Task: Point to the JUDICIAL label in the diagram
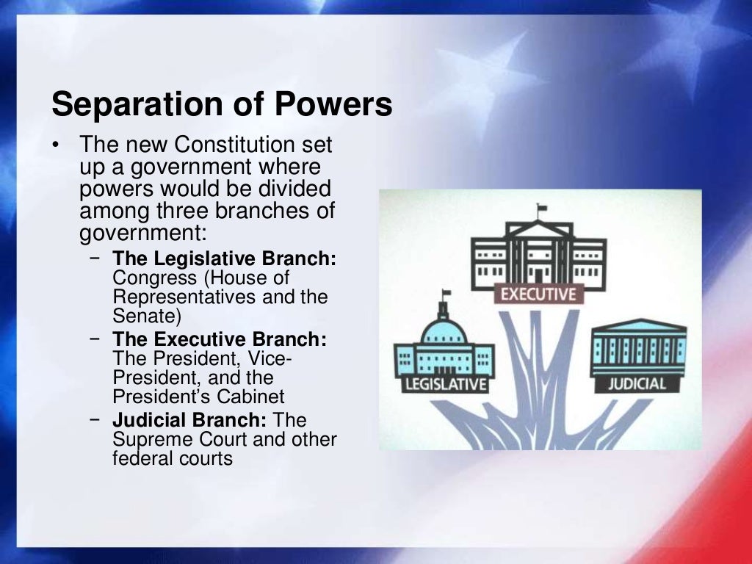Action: pyautogui.click(x=637, y=383)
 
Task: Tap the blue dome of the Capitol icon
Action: pyautogui.click(x=444, y=330)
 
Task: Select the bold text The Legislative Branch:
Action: pyautogui.click(x=224, y=259)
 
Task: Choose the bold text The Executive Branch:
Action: pyautogui.click(x=220, y=340)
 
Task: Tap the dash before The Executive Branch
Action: pyautogui.click(x=95, y=339)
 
